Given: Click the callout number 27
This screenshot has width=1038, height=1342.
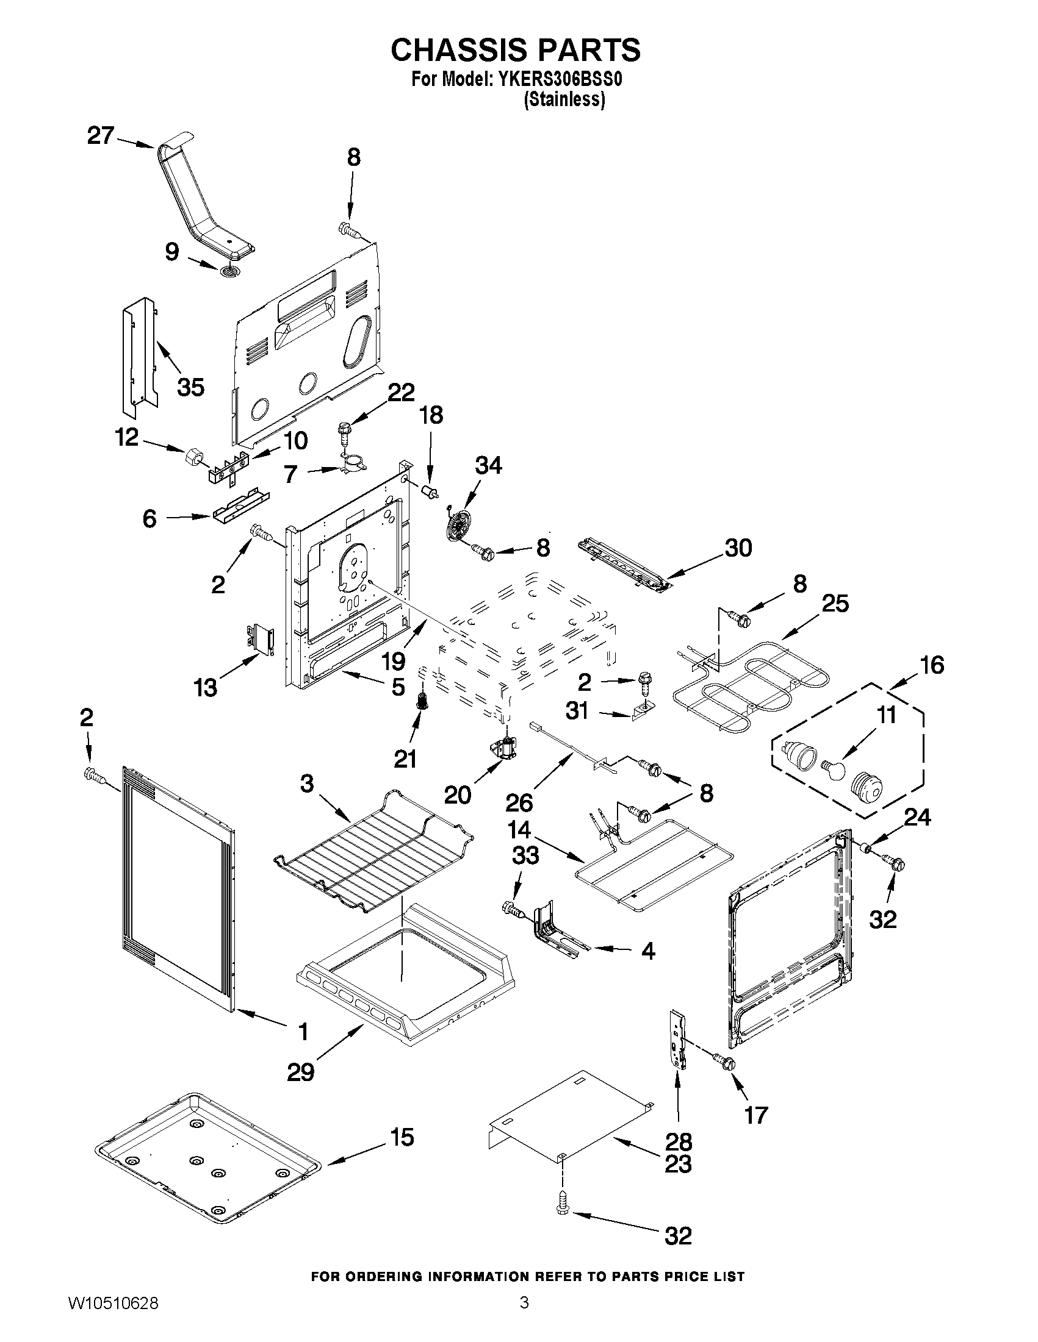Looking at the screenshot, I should (100, 135).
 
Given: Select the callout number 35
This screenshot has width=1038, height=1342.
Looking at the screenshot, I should (190, 387).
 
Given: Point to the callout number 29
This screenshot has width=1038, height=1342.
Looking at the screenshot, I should (301, 1073).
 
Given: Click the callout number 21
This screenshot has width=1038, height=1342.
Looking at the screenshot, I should (405, 760).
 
